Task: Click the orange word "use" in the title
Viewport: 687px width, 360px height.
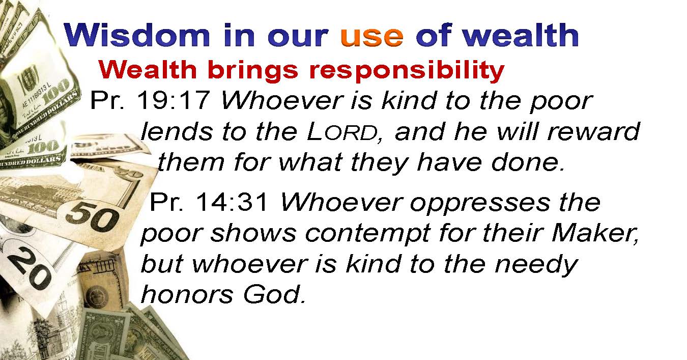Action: [x=371, y=36]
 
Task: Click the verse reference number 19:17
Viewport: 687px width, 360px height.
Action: [x=174, y=100]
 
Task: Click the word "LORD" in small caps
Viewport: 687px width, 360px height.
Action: [x=342, y=132]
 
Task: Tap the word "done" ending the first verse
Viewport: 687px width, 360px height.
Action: [x=528, y=162]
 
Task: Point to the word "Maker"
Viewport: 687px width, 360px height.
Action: [x=595, y=233]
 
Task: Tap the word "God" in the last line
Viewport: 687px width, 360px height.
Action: [x=274, y=294]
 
